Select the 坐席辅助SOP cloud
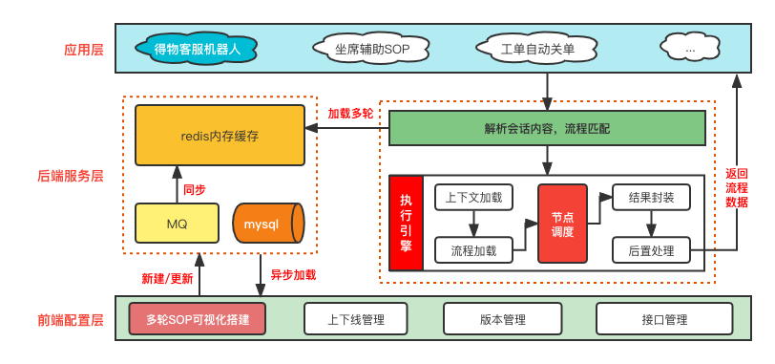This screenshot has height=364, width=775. [370, 47]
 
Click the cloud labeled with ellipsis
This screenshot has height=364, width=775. [690, 46]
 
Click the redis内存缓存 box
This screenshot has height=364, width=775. [220, 136]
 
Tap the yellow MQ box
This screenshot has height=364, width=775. [177, 223]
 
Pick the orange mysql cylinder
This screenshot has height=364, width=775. [267, 223]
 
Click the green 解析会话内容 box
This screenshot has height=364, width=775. [547, 127]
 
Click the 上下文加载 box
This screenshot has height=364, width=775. [473, 197]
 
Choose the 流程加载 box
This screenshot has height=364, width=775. [473, 250]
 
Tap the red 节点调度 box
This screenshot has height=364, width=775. [562, 224]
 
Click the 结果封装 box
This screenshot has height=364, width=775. [651, 197]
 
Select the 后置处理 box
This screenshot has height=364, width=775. [651, 250]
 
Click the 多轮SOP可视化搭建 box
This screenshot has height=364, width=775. [197, 319]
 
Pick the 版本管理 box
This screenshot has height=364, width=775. [502, 319]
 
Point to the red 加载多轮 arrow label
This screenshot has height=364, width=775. [350, 113]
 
